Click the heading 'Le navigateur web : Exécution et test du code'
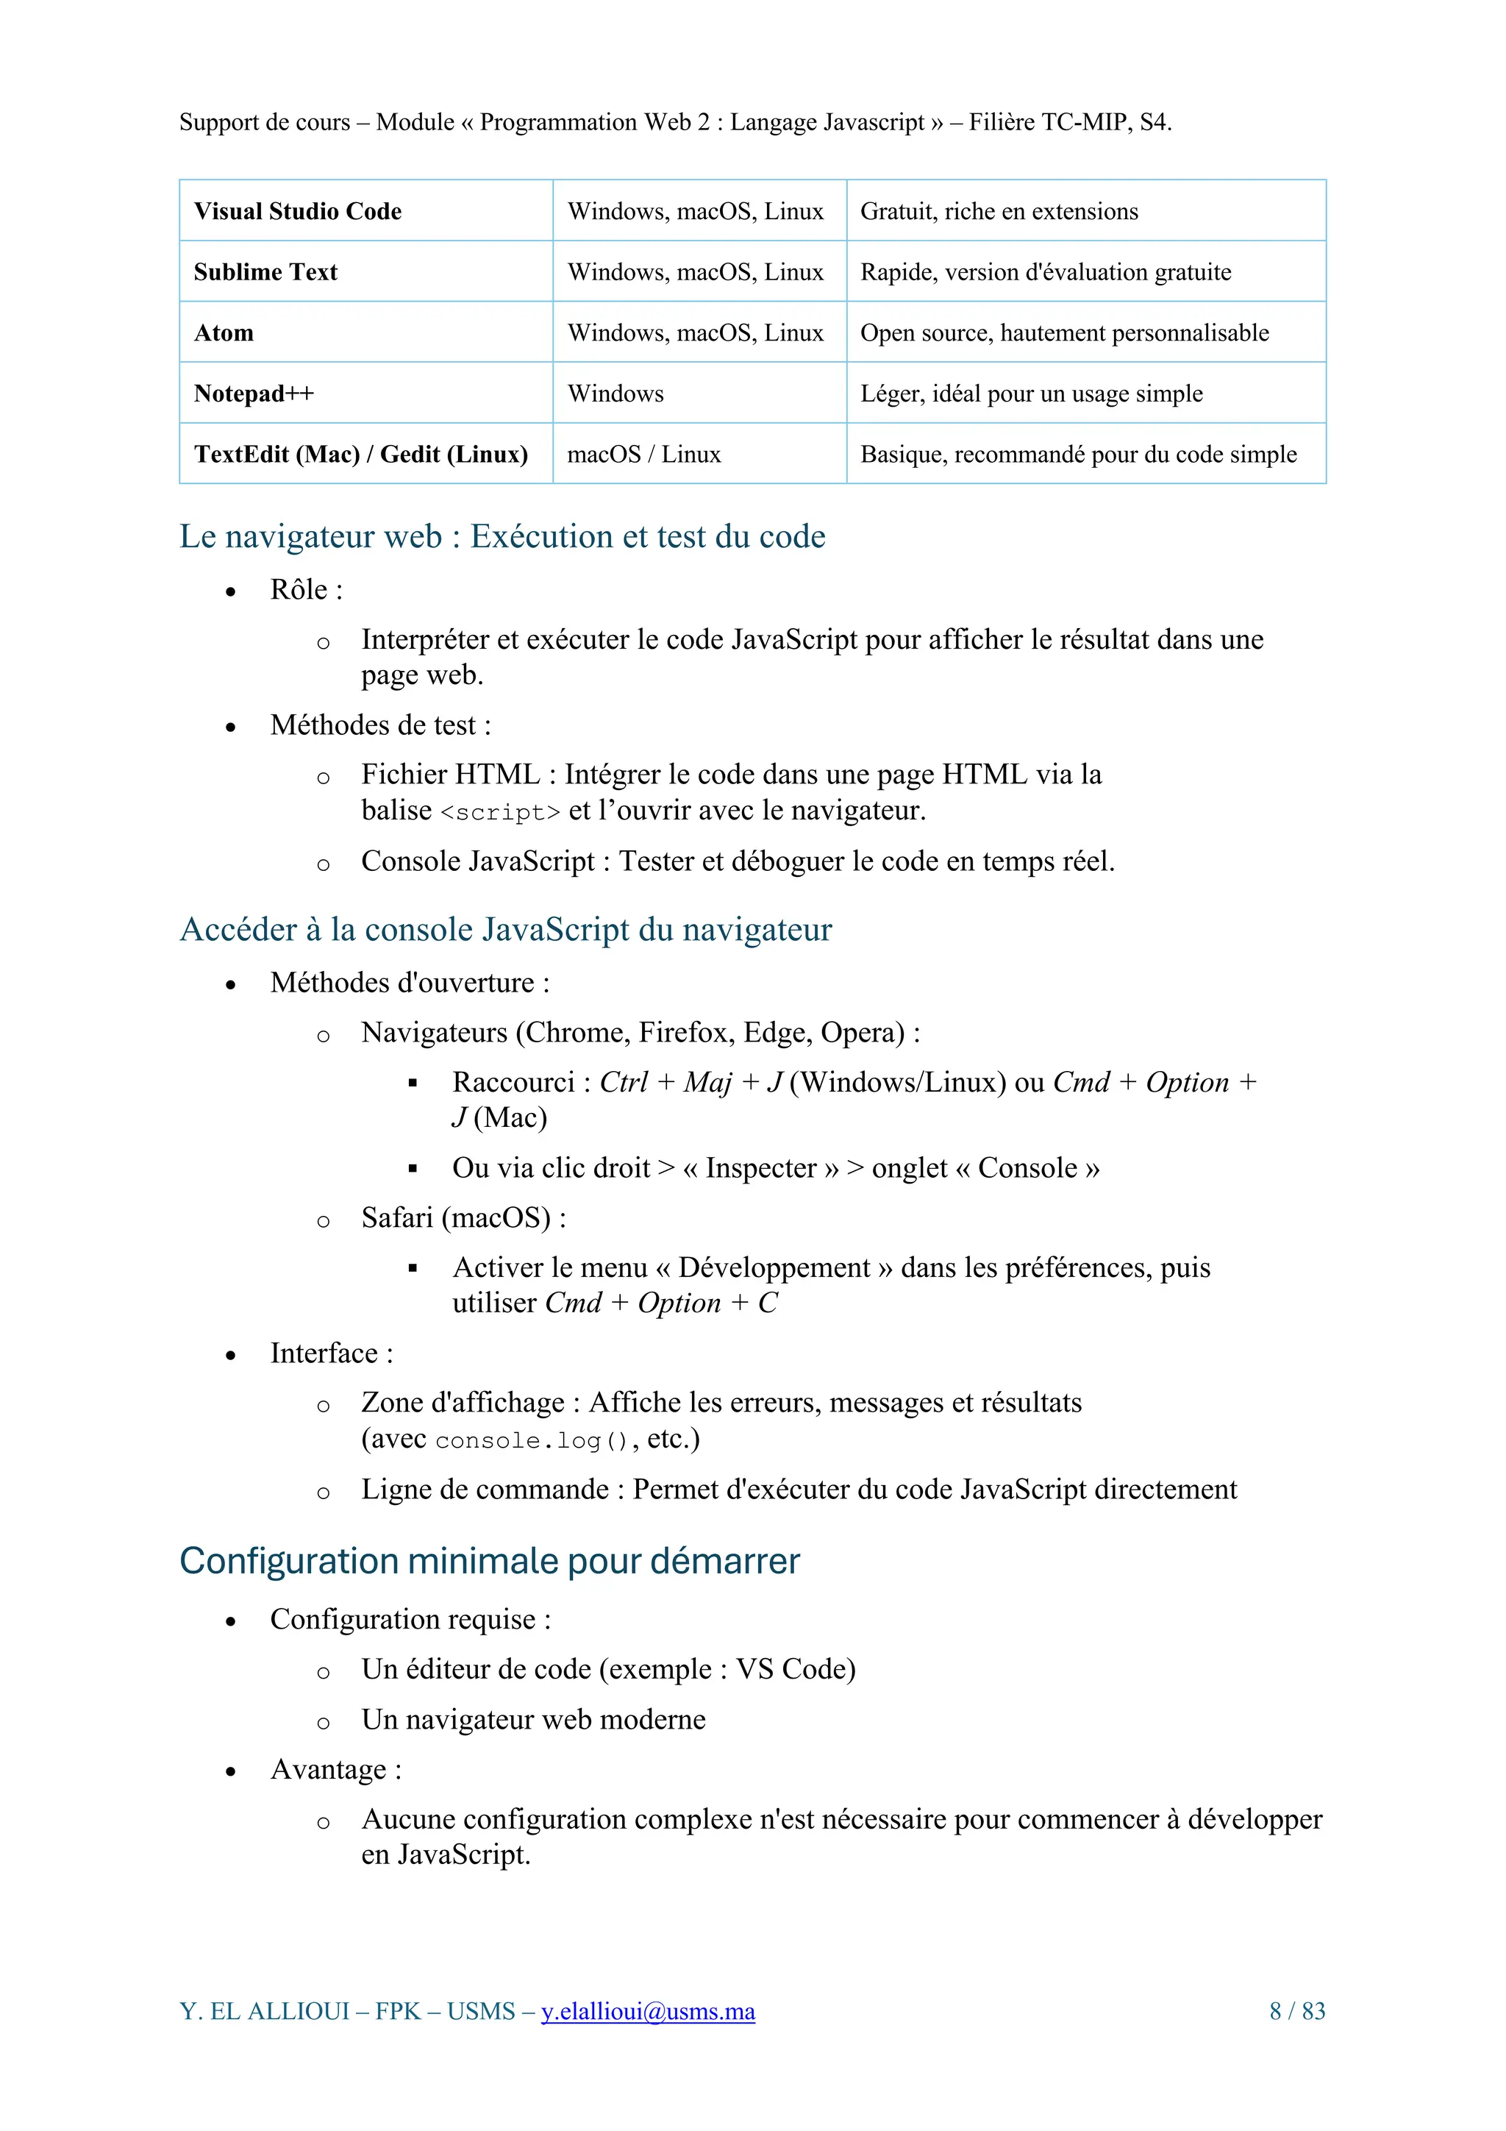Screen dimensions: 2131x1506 click(502, 536)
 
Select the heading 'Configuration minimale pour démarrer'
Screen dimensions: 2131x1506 click(489, 1561)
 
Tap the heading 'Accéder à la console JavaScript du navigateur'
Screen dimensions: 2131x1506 click(506, 929)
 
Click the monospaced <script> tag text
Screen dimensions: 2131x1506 click(500, 812)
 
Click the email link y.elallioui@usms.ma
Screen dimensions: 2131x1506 click(648, 2011)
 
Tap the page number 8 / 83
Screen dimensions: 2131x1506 click(1296, 2011)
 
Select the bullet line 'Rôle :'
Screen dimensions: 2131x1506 click(306, 589)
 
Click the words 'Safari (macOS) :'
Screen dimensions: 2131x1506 click(463, 1217)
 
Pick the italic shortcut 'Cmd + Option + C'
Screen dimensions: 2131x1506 click(660, 1303)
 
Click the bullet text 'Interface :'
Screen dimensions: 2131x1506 click(331, 1353)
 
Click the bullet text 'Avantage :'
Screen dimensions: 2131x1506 click(336, 1769)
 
